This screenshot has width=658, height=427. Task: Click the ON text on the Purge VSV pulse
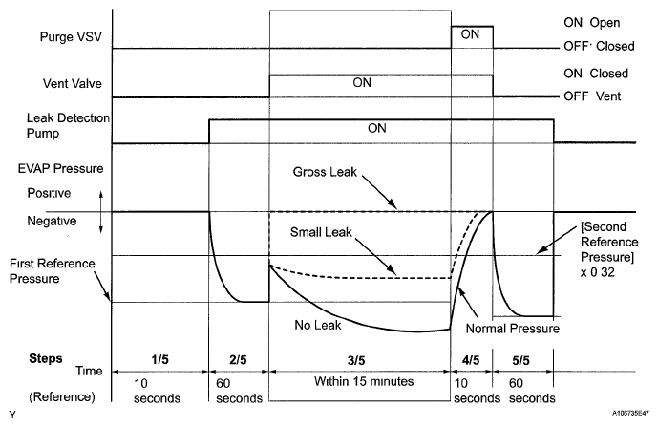click(470, 33)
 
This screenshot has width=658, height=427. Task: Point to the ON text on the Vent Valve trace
click(362, 82)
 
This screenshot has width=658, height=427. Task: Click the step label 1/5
click(159, 359)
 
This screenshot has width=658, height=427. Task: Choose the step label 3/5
click(359, 359)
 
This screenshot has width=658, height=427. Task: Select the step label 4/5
click(471, 359)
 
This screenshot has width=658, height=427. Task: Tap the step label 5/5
click(522, 359)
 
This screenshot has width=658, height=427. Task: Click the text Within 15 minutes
click(361, 381)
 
